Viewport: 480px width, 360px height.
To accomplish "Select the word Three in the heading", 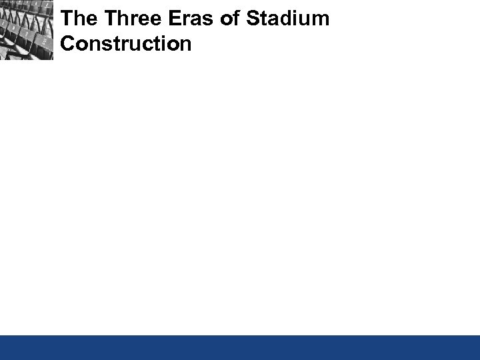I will (129, 19).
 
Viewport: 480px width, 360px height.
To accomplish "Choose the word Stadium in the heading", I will (287, 19).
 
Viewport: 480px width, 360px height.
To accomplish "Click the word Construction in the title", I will (125, 44).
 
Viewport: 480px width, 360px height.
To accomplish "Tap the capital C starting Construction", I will (67, 44).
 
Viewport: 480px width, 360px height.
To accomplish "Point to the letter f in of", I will (236, 19).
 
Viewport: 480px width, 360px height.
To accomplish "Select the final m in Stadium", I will (321, 19).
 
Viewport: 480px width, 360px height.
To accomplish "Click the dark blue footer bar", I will (240, 347).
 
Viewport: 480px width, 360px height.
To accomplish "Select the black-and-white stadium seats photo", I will (27, 30).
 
